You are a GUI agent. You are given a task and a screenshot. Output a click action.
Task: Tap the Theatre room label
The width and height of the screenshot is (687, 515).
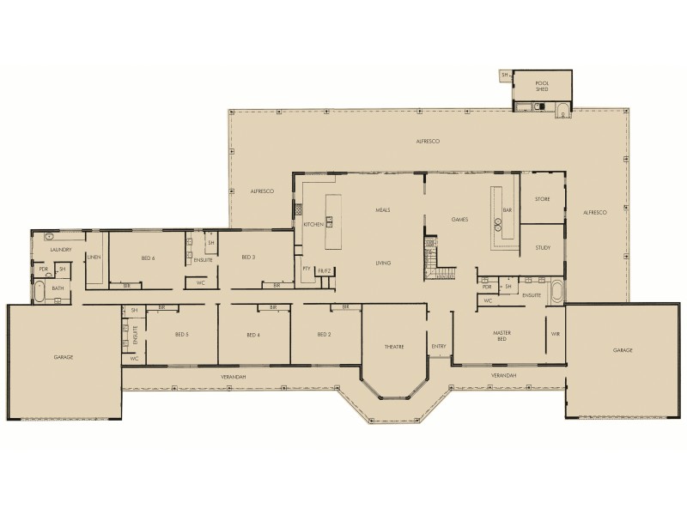click(393, 346)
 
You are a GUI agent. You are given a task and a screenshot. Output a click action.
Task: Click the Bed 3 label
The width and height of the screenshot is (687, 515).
click(249, 257)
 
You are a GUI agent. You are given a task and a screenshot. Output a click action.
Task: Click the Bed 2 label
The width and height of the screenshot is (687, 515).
click(324, 334)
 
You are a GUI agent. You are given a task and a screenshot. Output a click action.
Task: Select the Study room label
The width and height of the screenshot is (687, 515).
click(542, 248)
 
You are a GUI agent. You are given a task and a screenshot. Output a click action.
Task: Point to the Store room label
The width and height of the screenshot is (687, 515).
click(542, 199)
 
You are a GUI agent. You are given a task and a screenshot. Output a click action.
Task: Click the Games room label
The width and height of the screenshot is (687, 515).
click(459, 220)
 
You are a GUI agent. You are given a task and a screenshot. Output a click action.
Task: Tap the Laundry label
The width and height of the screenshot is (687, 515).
click(60, 250)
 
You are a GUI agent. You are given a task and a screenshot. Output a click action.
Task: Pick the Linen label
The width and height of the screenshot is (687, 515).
click(94, 257)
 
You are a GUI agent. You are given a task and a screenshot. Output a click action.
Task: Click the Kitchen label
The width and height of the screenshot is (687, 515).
click(313, 224)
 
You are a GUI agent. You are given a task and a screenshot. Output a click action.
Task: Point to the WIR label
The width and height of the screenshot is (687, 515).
click(555, 332)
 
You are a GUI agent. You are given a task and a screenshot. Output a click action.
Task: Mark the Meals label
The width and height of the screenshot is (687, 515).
click(383, 209)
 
